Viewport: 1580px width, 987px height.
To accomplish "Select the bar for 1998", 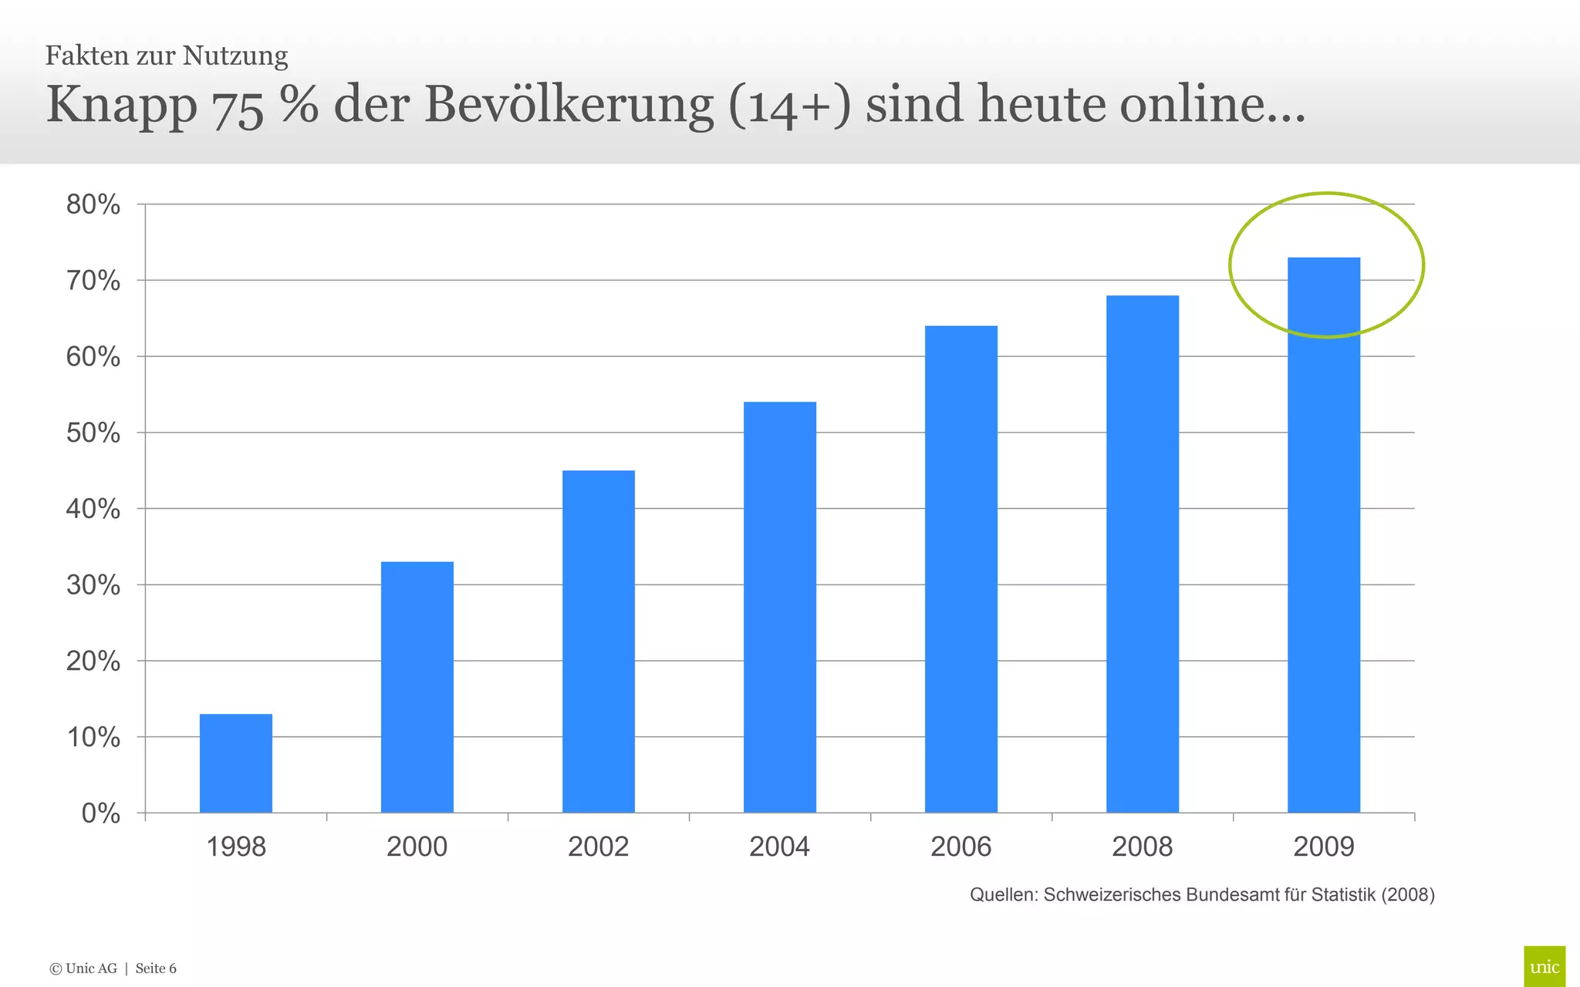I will point(236,763).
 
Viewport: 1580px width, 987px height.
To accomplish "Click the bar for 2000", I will point(417,686).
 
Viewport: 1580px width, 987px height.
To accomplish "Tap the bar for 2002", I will point(599,641).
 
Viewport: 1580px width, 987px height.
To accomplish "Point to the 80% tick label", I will point(93,205).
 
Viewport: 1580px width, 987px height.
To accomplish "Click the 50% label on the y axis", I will point(93,433).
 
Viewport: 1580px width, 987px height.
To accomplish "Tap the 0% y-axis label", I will point(100,814).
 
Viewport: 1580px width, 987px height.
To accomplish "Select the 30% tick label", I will point(93,585).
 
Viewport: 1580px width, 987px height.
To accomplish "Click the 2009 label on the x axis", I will point(1323,847).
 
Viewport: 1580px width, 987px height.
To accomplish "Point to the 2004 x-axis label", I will point(779,847).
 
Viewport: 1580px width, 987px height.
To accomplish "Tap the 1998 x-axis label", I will point(236,847).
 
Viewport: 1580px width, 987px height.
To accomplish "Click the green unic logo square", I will point(1544,966).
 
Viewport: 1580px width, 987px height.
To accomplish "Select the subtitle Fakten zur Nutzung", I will point(167,56).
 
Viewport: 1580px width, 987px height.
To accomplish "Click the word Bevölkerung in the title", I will point(569,104).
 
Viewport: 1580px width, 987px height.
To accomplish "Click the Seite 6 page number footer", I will point(156,968).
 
